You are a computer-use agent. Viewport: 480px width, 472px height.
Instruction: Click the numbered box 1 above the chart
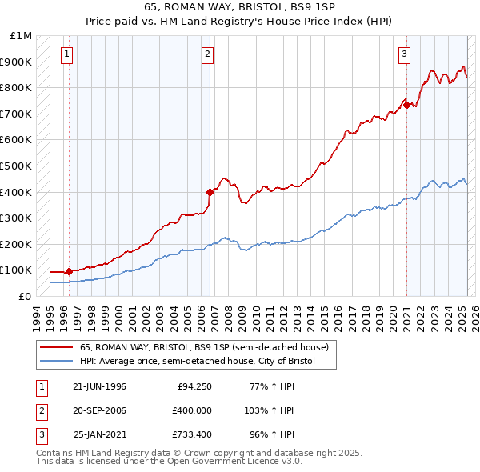66,54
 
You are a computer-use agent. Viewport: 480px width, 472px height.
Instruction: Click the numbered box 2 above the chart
207,54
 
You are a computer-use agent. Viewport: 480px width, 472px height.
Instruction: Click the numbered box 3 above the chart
405,54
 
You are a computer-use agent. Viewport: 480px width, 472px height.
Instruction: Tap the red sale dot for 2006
210,192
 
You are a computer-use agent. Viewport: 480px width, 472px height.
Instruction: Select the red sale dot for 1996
69,271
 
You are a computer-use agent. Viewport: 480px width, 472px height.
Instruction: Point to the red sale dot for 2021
406,105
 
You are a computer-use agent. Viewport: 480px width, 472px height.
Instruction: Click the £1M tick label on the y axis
22,36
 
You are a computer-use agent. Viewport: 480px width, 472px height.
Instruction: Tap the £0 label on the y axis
25,296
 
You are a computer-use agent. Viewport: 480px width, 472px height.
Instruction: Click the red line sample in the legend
56,348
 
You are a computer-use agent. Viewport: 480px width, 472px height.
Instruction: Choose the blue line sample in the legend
56,362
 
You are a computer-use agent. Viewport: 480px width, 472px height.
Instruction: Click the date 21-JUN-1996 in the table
99,386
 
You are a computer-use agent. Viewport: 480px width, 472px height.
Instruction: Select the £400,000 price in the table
192,410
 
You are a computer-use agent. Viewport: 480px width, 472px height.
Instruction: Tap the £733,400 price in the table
192,434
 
